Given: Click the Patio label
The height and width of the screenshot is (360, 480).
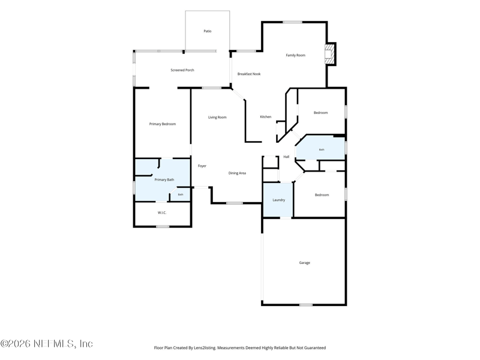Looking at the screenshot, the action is tap(208, 31).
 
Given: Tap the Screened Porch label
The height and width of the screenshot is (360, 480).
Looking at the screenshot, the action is tap(182, 70).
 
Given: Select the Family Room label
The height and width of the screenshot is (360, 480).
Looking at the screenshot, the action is tap(296, 55).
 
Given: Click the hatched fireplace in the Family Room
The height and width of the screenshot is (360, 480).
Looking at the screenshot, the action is tap(329, 54).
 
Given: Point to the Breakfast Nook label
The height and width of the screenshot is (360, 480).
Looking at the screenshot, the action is tap(249, 74).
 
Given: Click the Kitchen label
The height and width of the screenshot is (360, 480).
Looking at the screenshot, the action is tap(266, 117).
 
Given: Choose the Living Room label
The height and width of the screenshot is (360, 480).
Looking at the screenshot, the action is tap(217, 117).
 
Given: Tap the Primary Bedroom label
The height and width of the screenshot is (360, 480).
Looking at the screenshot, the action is tap(163, 124).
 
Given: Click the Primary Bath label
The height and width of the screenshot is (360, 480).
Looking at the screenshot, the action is tap(164, 179).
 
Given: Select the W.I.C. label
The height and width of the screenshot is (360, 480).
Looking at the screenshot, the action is tap(162, 213).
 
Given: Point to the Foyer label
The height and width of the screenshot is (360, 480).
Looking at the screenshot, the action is tap(202, 166).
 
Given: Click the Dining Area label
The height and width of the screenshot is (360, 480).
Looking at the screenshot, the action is tap(237, 173).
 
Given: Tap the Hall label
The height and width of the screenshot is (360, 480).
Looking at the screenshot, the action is tap(286, 157).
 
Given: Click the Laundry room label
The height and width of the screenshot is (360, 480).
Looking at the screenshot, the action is tap(279, 200).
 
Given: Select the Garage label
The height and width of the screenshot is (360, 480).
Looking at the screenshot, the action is tap(305, 263).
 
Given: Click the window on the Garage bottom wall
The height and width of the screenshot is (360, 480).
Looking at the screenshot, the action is tap(306, 305).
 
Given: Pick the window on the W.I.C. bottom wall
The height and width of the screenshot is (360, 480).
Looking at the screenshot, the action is tap(163, 227).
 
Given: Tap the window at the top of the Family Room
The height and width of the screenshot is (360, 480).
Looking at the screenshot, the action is tap(292, 22).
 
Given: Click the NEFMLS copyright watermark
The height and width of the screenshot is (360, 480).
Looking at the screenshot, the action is tap(47, 344).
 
